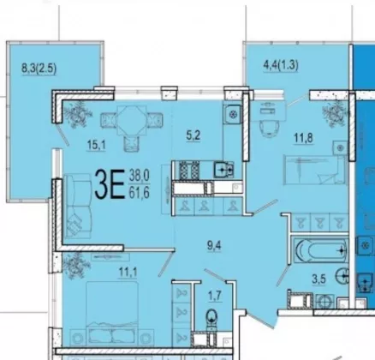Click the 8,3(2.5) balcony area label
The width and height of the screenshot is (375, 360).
39,69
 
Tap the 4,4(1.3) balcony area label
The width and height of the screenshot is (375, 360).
281,66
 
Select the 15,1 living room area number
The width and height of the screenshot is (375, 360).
97,145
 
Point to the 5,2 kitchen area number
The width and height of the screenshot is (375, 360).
193,135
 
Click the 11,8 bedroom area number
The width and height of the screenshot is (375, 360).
303,138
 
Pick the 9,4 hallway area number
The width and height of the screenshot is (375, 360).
214,245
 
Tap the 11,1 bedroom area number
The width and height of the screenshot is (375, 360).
128,272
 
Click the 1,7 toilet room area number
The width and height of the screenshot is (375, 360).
215,296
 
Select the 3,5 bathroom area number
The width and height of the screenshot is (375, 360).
318,279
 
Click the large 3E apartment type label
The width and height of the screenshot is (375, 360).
110,184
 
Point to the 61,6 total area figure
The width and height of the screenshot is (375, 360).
140,193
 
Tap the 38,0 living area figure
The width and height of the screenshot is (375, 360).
140,175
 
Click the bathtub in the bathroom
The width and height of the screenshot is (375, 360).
321,250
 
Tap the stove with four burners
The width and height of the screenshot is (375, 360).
188,170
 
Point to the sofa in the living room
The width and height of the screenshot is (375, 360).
77,206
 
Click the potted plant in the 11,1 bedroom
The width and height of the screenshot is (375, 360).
74,266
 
